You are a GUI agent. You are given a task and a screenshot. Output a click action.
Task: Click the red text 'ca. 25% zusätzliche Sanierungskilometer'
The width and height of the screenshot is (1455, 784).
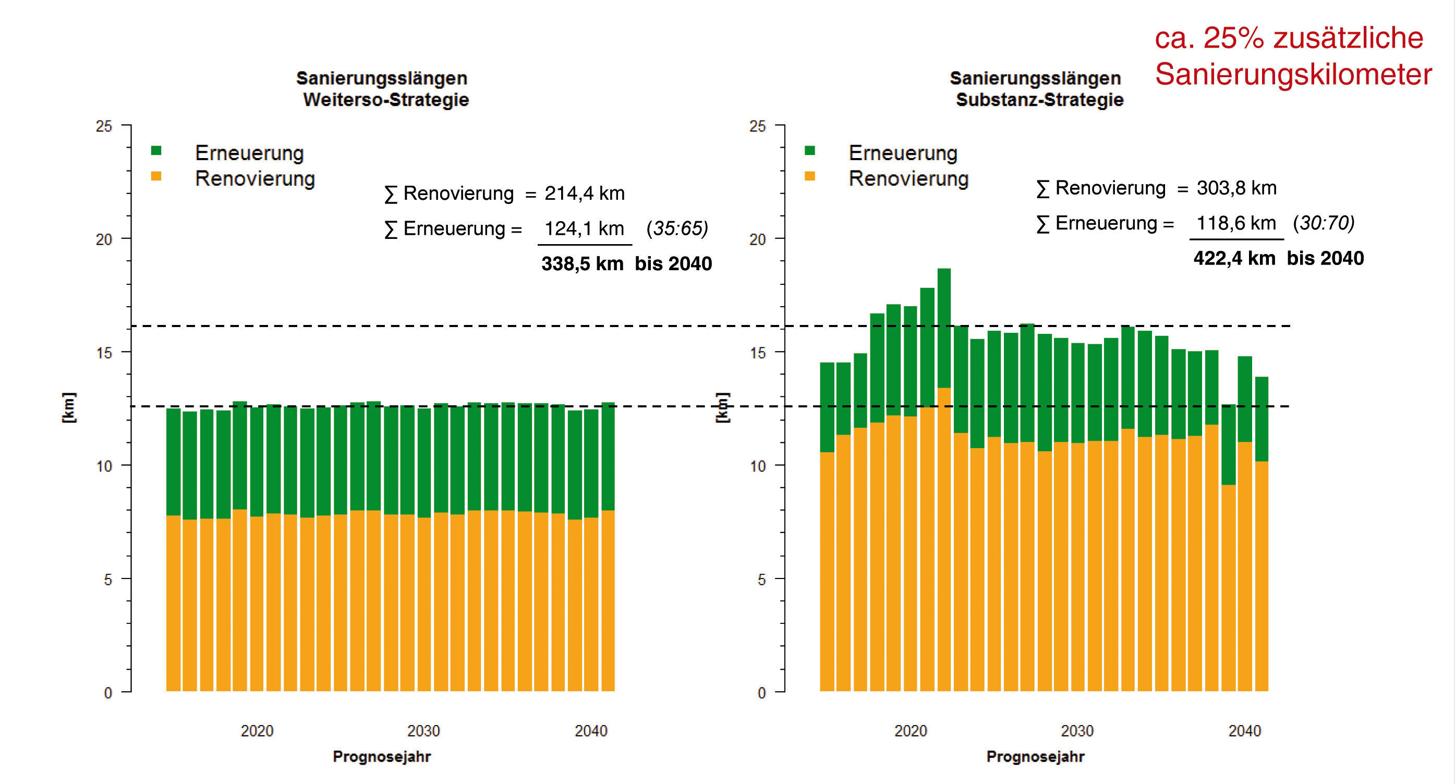[x=1292, y=56]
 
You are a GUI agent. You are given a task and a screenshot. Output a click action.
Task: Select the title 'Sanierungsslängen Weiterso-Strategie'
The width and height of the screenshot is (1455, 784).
[x=383, y=89]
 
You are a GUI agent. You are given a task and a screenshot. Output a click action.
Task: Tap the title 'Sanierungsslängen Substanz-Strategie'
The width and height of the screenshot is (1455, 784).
[x=1036, y=89]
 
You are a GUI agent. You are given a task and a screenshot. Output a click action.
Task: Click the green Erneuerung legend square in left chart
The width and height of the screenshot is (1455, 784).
[x=156, y=151]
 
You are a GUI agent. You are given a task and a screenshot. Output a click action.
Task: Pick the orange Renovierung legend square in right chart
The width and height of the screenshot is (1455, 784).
[x=809, y=176]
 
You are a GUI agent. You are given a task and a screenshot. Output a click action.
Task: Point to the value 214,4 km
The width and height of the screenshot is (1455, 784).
[x=584, y=194]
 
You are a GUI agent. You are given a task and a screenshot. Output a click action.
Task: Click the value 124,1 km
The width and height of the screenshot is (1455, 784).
[x=584, y=229]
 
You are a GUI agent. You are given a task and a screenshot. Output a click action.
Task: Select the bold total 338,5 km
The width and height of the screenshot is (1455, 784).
[x=583, y=264]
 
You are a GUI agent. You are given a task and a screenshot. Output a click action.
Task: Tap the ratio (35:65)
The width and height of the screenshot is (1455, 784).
[x=677, y=229]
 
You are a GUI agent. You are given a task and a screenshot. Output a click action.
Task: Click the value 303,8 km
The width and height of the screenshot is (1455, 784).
[x=1236, y=188]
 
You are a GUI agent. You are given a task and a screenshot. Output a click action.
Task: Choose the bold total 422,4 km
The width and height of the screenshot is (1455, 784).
[x=1234, y=259]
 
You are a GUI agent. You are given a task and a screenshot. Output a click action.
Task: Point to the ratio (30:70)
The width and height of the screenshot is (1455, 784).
[x=1324, y=223]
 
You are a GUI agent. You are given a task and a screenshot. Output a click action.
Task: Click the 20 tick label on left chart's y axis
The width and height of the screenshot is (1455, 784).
[x=104, y=239]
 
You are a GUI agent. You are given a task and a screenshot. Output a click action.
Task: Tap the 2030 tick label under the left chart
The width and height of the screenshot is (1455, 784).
[x=423, y=731]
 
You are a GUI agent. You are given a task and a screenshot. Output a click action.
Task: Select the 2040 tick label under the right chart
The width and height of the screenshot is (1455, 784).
[x=1244, y=731]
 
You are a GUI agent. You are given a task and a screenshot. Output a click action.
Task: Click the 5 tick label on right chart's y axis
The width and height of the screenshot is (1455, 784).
[x=761, y=580]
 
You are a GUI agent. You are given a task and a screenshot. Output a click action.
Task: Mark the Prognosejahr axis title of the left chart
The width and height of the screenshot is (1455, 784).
[x=382, y=757]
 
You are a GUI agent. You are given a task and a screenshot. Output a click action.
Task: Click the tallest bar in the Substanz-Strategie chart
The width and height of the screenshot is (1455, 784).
[x=944, y=480]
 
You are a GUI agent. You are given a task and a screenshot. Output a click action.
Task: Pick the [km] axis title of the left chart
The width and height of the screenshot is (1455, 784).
[x=68, y=407]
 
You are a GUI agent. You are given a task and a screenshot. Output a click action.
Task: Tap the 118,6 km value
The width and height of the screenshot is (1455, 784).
[x=1236, y=223]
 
